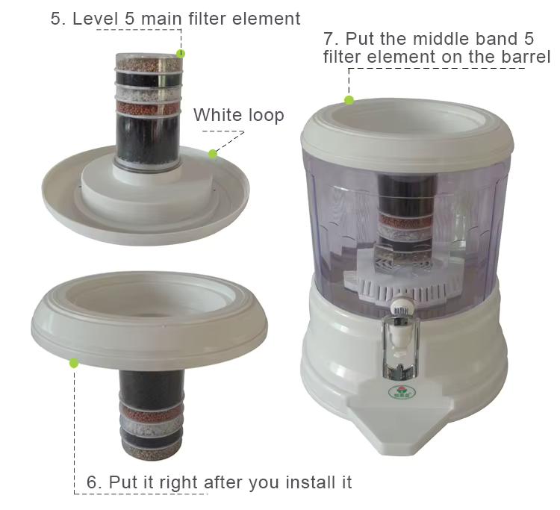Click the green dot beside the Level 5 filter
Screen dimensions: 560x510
pyautogui.click(x=181, y=54)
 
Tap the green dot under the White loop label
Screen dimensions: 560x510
pyautogui.click(x=213, y=154)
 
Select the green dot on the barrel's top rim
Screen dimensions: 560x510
pyautogui.click(x=349, y=100)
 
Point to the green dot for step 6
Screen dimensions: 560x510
pyautogui.click(x=74, y=364)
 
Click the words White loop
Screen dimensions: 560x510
pyautogui.click(x=239, y=115)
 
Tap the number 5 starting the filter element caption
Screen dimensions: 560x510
pyautogui.click(x=57, y=19)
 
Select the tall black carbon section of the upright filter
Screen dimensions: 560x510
pyautogui.click(x=148, y=140)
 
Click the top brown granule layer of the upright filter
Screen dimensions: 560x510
pyautogui.click(x=149, y=64)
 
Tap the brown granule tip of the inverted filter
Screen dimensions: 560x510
pyautogui.click(x=152, y=452)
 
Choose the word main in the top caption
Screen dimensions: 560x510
pyautogui.click(x=161, y=19)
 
